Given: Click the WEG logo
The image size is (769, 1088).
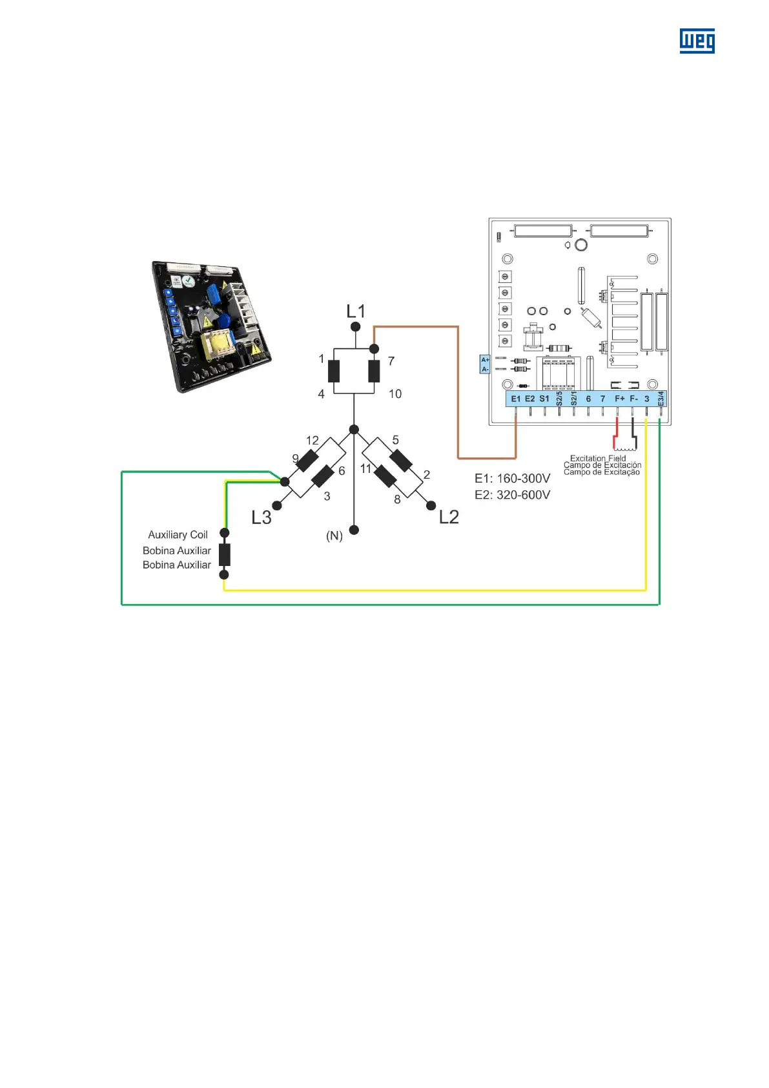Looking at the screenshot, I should coord(697,41).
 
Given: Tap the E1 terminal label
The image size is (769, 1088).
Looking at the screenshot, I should coord(515,399).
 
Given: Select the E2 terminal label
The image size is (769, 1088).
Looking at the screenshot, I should coord(529,399).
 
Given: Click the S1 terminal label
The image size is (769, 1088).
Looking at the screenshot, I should coord(544,399).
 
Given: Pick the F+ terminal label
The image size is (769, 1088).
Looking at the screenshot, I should coord(619,399).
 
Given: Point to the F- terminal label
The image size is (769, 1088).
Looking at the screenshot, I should coord(633,399).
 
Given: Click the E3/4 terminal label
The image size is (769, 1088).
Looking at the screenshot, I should coord(661,399).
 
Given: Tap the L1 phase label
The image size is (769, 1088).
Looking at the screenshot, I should coord(356,311).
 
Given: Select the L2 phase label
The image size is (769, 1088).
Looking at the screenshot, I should coord(449,517).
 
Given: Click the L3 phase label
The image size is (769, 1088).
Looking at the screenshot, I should coord(261,518).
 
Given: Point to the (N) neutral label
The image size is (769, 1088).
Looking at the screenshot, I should coord(334,536).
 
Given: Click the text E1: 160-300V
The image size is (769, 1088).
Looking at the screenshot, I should coord(513,479).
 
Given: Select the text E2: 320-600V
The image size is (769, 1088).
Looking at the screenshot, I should coord(513,495).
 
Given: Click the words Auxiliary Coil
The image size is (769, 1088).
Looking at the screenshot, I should coord(178,535).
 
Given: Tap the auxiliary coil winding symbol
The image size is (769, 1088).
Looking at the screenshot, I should coord(224,554).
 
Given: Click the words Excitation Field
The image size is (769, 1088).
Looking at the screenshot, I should coord(598,458).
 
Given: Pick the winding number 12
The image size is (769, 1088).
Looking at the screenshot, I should coord(313,441).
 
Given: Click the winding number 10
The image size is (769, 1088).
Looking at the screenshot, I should coord(395,394).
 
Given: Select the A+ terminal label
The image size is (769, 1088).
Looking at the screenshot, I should coord(485,360).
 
